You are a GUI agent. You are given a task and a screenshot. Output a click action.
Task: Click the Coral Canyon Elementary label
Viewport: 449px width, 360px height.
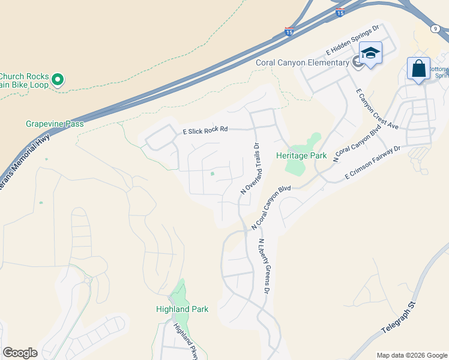pyautogui.click(x=303, y=62)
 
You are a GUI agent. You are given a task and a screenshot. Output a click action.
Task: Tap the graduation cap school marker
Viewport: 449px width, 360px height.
pyautogui.click(x=370, y=53)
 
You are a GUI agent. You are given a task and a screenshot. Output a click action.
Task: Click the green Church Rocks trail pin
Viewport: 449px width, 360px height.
pyautogui.click(x=58, y=79)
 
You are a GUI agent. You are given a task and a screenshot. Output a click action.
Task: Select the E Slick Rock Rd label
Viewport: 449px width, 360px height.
pyautogui.click(x=205, y=130)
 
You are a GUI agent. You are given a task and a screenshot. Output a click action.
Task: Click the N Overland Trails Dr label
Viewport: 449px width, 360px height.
pyautogui.click(x=249, y=167)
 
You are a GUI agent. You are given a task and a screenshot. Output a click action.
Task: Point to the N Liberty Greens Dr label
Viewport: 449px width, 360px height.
pyautogui.click(x=262, y=266)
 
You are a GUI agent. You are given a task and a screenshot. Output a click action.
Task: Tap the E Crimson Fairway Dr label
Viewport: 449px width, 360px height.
pyautogui.click(x=373, y=162)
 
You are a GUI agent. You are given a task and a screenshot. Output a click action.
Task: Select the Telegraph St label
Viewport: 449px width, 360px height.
pyautogui.click(x=399, y=319)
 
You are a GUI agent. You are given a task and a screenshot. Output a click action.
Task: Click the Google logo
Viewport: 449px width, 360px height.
pyautogui.click(x=20, y=353)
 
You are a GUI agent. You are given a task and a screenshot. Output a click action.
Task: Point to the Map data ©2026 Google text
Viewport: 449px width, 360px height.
pyautogui.click(x=411, y=355)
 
